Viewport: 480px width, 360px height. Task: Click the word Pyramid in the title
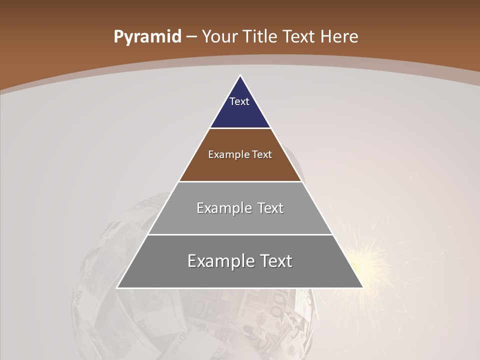[x=147, y=37]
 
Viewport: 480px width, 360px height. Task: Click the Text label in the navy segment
[x=239, y=101]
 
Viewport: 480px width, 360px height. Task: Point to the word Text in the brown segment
[x=262, y=154]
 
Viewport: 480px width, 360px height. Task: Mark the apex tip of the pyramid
[x=240, y=76]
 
